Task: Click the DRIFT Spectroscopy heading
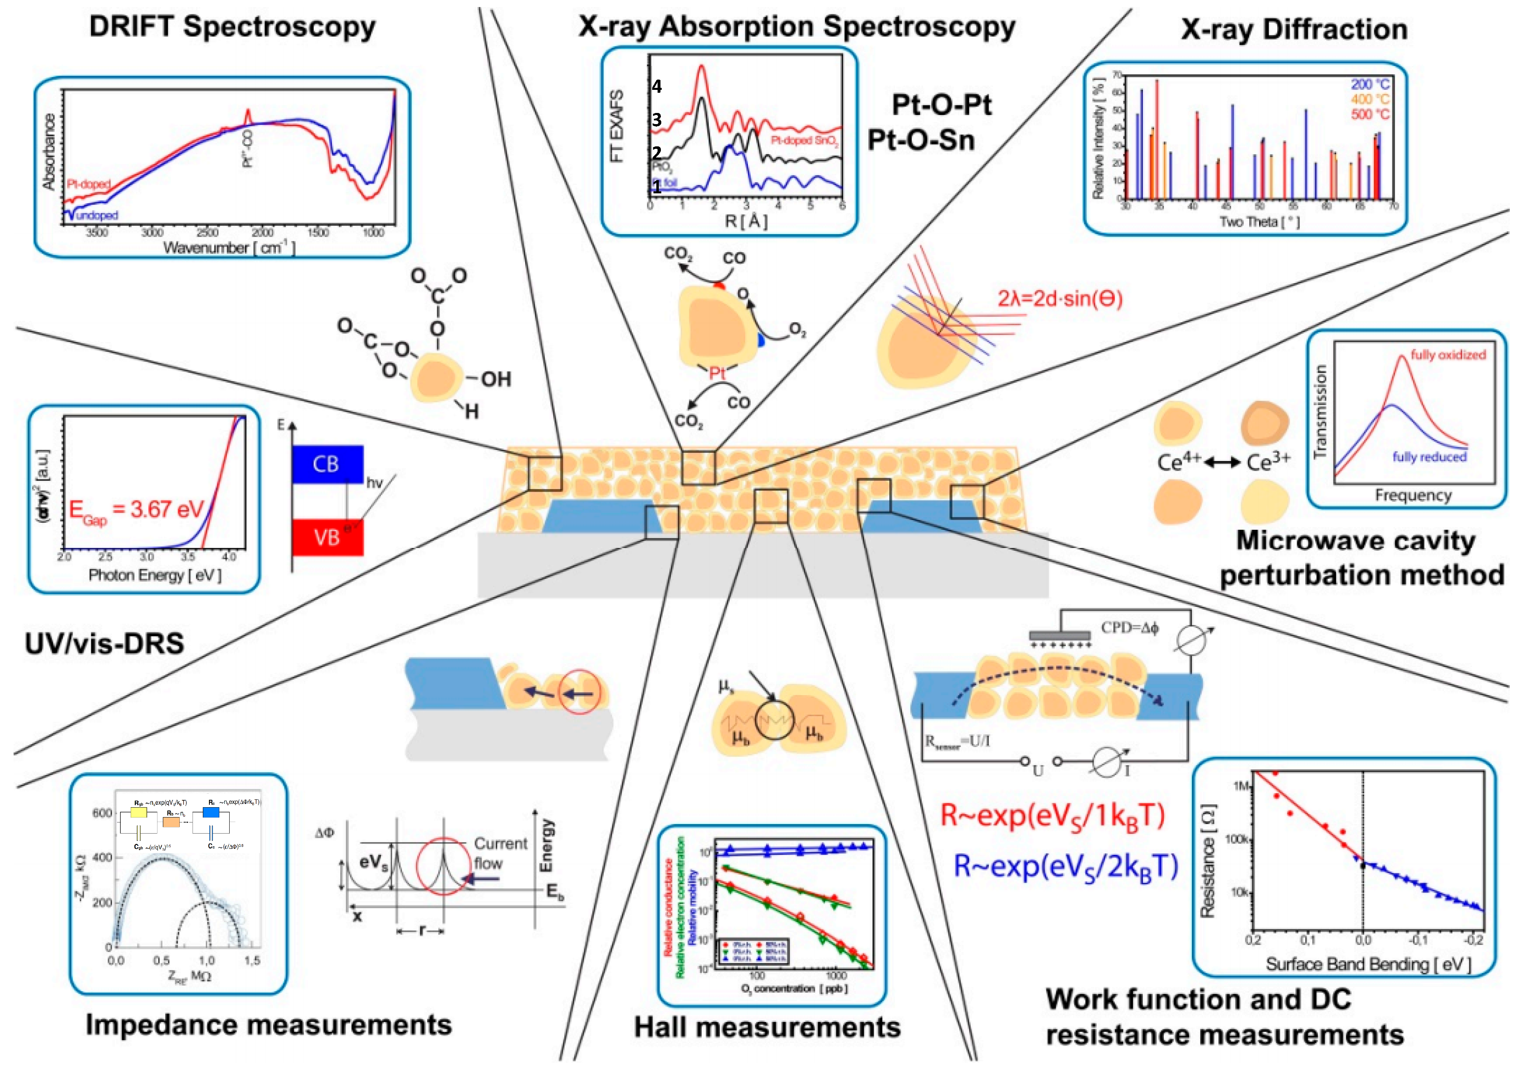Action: pyautogui.click(x=232, y=27)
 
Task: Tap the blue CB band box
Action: pyautogui.click(x=327, y=464)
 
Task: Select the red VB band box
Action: pyautogui.click(x=327, y=537)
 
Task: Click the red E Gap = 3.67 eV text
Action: pyautogui.click(x=136, y=510)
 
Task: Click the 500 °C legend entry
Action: pyautogui.click(x=1370, y=114)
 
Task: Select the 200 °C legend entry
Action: pyautogui.click(x=1370, y=84)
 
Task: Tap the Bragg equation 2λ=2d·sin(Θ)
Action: pyautogui.click(x=1060, y=299)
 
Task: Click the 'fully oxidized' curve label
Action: pyautogui.click(x=1448, y=355)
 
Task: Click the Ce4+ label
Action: pyautogui.click(x=1179, y=462)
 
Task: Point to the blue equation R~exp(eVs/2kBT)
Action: pyautogui.click(x=1066, y=866)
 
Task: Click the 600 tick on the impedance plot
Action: pyautogui.click(x=102, y=813)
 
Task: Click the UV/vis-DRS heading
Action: pyautogui.click(x=104, y=643)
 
